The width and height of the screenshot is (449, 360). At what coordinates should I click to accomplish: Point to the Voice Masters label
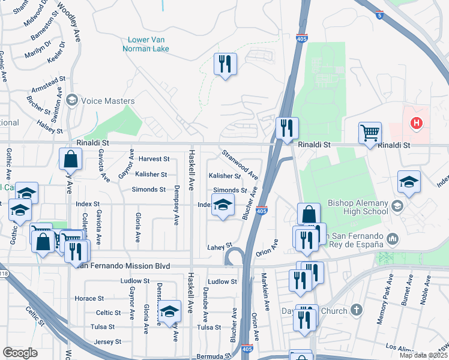(107, 101)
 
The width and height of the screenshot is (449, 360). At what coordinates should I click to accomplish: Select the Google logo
(20, 353)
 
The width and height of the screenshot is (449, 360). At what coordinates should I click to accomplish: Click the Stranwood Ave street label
(240, 165)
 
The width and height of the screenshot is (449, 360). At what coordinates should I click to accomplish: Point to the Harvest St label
(154, 160)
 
